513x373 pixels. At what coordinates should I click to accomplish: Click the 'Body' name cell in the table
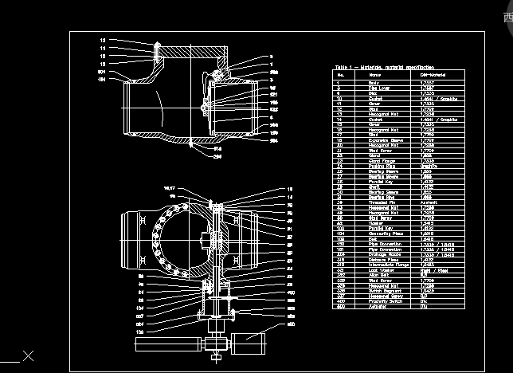(373, 82)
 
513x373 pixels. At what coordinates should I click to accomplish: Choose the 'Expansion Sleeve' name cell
(382, 138)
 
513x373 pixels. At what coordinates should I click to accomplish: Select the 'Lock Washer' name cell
(378, 271)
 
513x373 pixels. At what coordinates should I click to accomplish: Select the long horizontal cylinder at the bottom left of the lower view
(167, 344)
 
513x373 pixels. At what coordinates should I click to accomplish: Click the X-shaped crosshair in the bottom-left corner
(28, 355)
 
